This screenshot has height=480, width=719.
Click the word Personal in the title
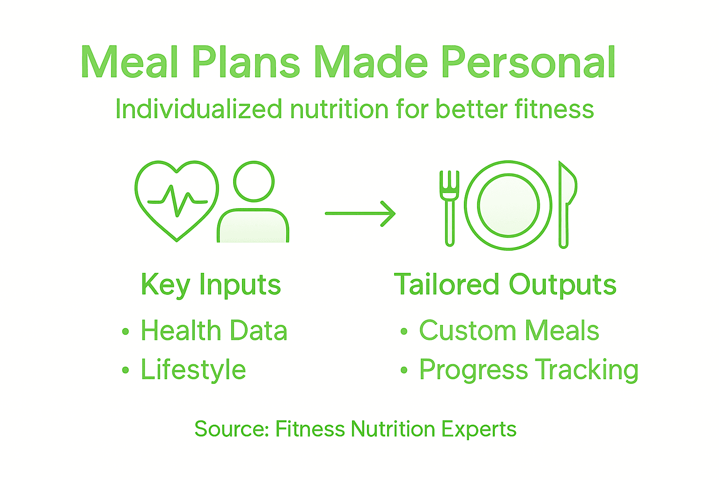(x=528, y=63)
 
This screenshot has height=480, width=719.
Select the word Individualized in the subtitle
(x=198, y=109)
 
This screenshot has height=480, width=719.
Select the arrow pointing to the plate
(x=360, y=214)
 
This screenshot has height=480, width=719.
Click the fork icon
(x=449, y=206)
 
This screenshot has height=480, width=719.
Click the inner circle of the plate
(x=508, y=205)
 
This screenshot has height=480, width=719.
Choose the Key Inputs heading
(x=211, y=285)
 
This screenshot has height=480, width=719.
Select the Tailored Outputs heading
(x=505, y=285)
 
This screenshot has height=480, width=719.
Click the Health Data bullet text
(x=214, y=330)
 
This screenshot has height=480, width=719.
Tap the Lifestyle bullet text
(x=193, y=369)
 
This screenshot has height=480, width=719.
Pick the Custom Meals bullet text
(x=509, y=330)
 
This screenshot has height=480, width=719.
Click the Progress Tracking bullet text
(x=528, y=370)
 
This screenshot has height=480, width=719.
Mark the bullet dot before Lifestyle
(x=125, y=370)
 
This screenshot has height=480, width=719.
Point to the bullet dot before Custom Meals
(x=404, y=331)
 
